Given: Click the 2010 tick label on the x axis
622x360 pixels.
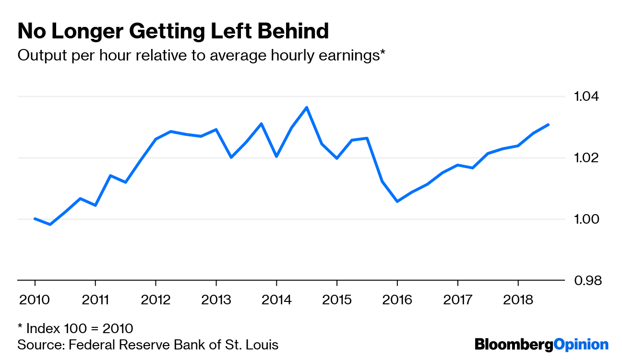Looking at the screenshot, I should click(35, 300).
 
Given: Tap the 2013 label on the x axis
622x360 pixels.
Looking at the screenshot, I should click(216, 300).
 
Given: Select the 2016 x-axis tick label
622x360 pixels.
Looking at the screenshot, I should click(397, 300).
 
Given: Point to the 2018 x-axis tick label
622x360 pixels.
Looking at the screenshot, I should click(518, 300).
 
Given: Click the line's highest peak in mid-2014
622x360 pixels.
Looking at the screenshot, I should click(307, 107).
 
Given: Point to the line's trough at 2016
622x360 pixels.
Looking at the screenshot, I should click(397, 201).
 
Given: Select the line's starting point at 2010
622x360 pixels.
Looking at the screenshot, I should click(35, 219).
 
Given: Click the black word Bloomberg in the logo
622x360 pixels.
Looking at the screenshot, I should click(514, 344).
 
